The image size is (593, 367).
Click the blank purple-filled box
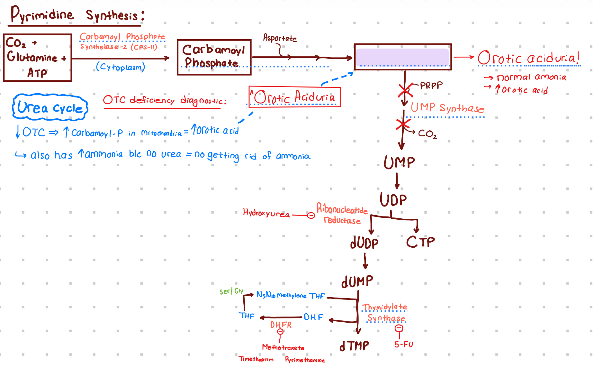402,57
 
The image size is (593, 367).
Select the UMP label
399,162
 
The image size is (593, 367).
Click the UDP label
393,200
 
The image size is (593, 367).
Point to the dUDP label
364,243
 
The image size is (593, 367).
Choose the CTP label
420,242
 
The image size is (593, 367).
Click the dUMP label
357,282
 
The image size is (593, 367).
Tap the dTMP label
355,346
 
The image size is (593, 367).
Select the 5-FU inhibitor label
404,344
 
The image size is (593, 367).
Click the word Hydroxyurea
266,213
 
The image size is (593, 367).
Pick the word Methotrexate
283,347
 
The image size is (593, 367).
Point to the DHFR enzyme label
281,325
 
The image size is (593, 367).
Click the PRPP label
431,86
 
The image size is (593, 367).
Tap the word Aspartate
280,38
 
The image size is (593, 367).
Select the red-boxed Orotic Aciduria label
294,97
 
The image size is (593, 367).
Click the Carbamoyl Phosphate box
214,57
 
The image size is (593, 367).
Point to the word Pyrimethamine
305,360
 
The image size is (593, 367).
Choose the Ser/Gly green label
231,291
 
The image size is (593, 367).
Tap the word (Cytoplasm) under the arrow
121,67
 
